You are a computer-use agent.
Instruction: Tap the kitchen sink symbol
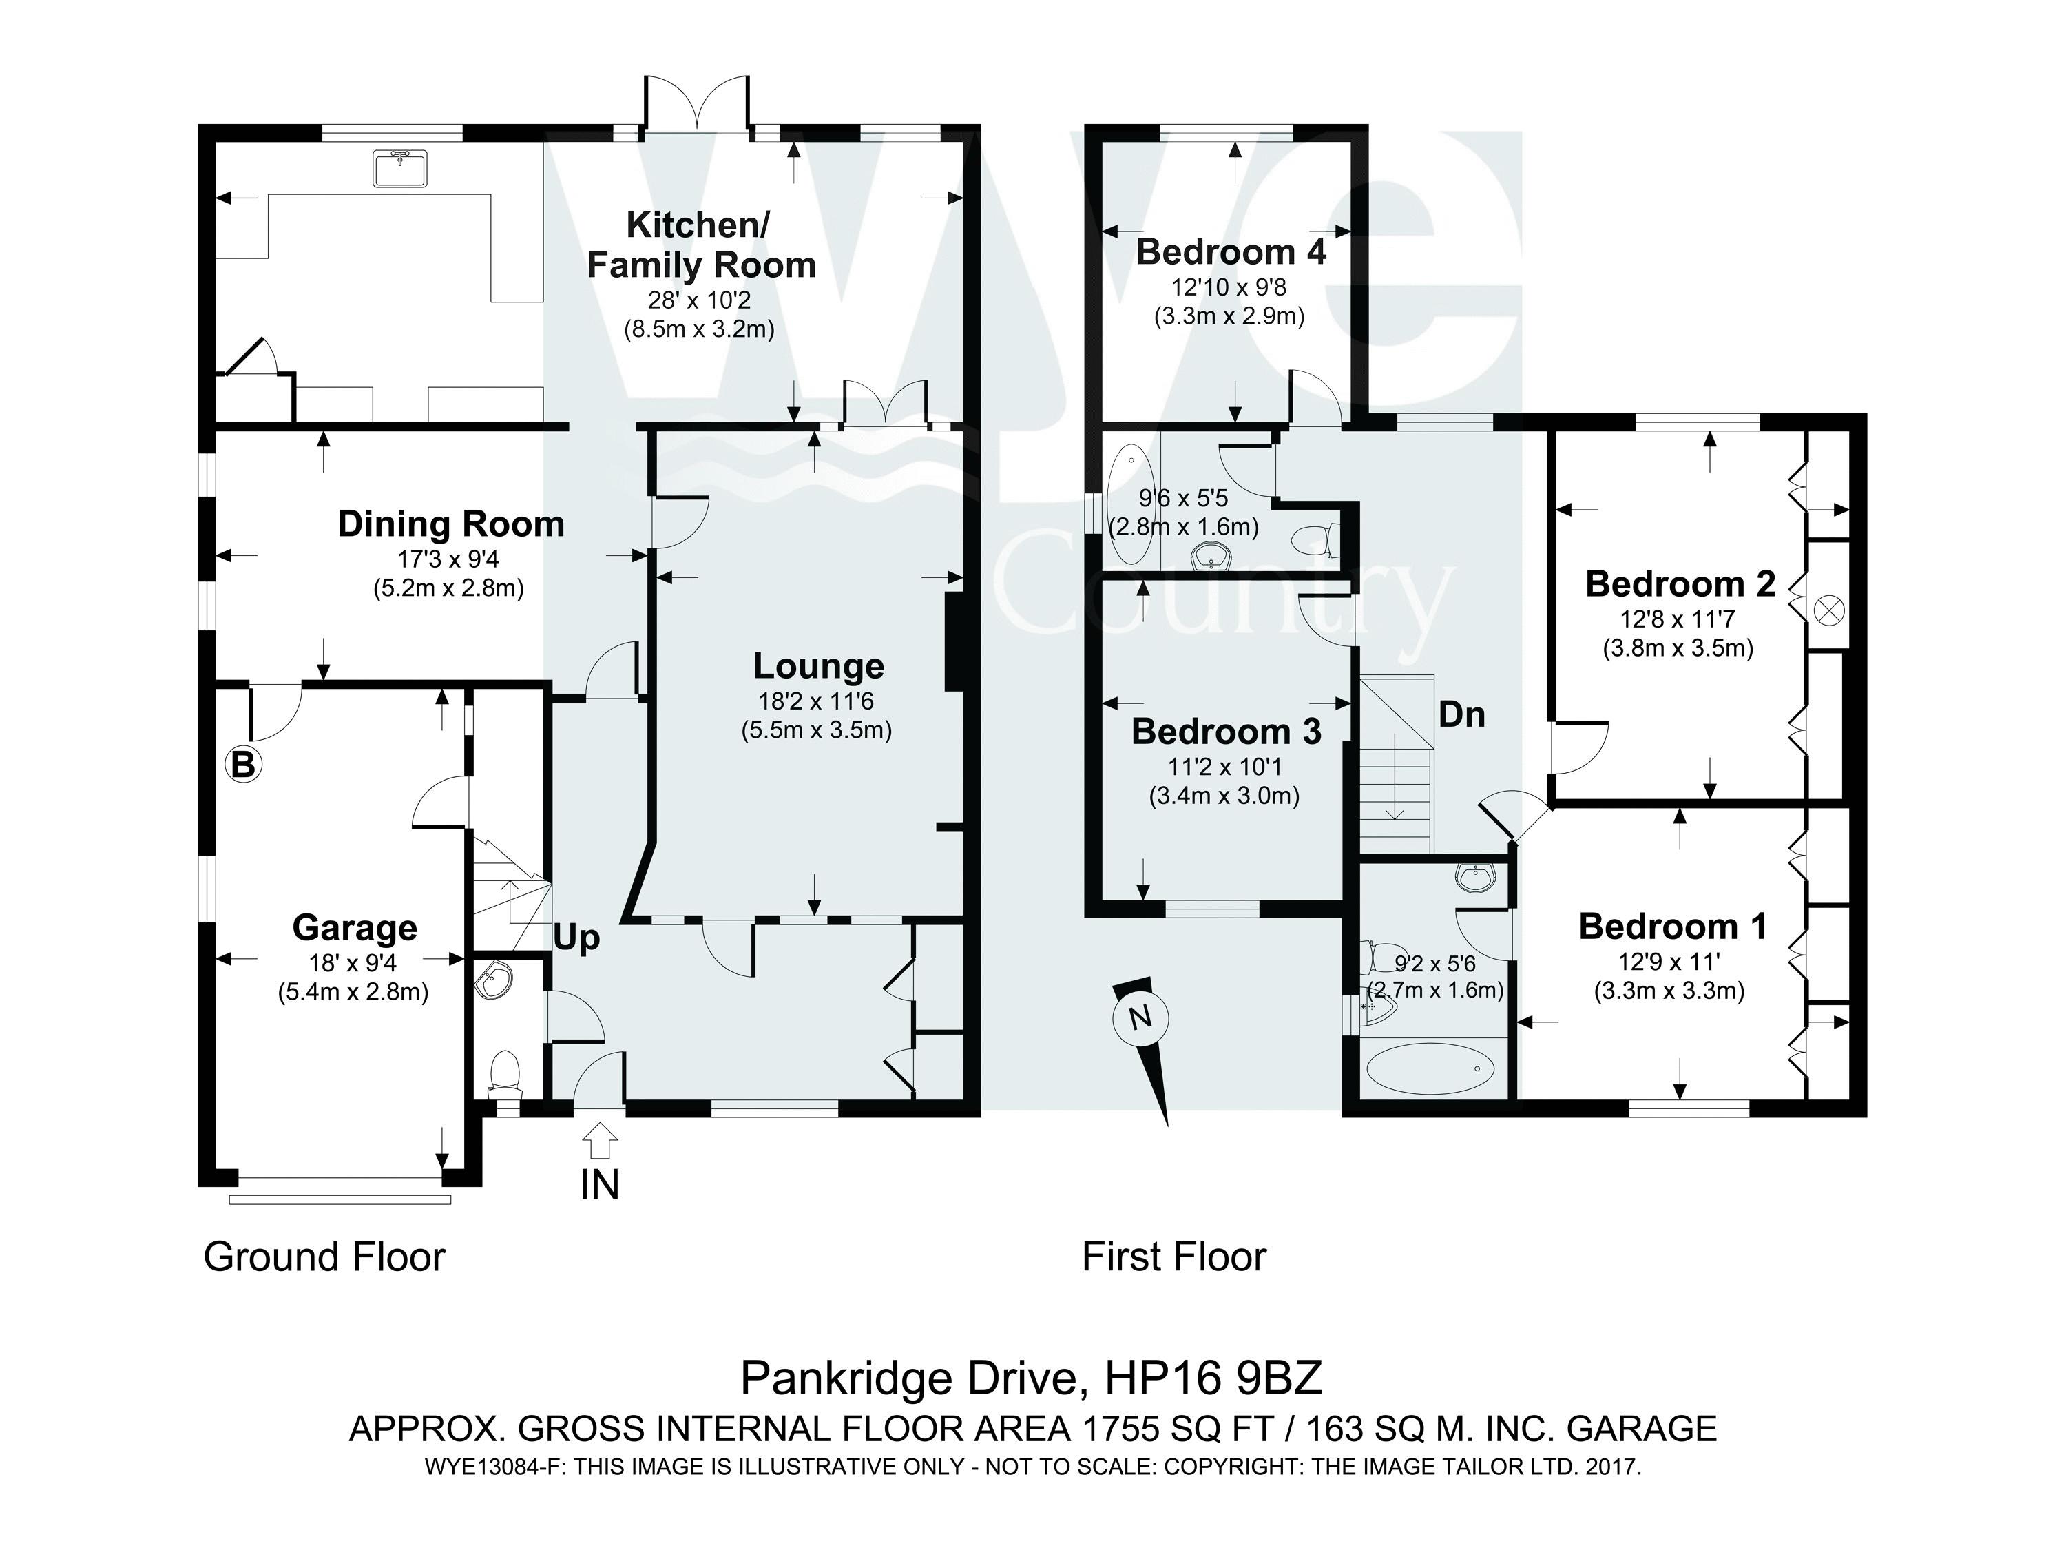(399, 168)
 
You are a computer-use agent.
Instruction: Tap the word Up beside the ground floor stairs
(576, 938)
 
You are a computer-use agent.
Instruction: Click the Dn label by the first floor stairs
(1462, 715)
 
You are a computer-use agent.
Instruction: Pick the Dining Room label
(451, 524)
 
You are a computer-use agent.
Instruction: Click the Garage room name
(355, 928)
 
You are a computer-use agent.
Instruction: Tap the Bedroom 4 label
(1231, 252)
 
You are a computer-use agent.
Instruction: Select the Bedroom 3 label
(1227, 732)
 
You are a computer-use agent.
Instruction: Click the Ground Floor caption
(324, 1257)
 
